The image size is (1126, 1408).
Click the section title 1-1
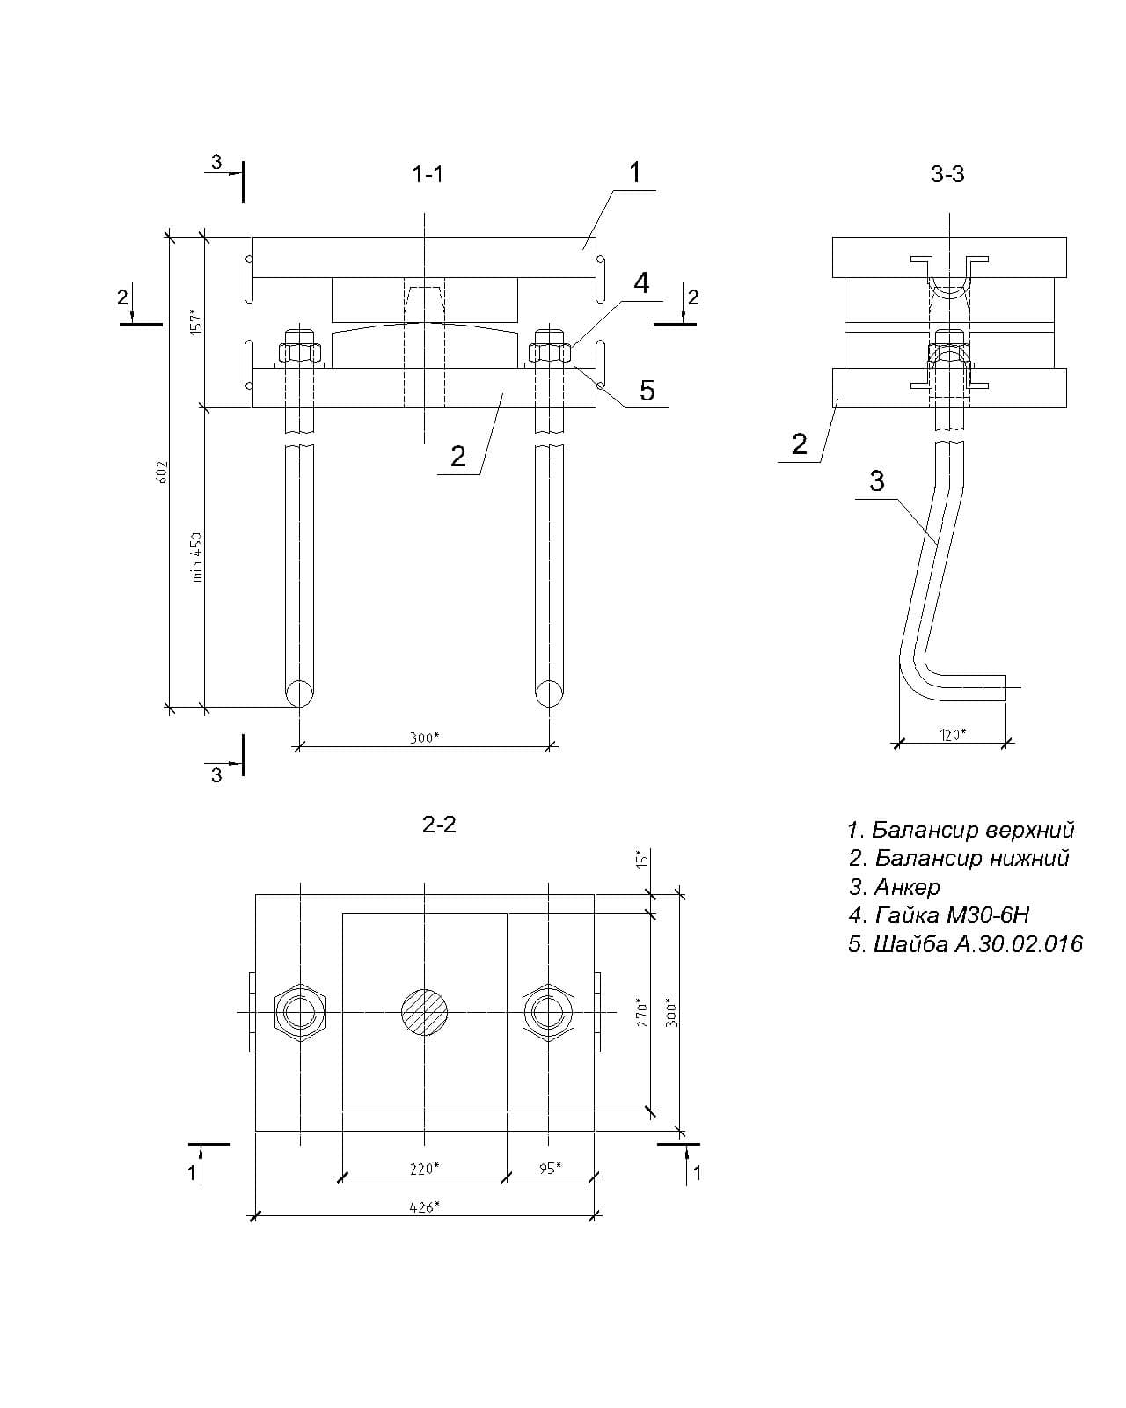pos(428,175)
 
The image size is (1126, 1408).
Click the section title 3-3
pos(947,175)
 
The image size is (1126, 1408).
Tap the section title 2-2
pos(439,825)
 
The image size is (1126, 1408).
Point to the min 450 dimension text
pos(197,556)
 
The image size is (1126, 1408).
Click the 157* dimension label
pos(197,321)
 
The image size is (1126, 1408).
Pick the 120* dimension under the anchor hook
pos(953,734)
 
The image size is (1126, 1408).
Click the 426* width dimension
pos(424,1206)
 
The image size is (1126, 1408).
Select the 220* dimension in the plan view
pos(424,1169)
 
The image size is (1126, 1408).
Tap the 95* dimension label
pos(550,1169)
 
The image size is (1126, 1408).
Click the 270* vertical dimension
pos(642,1012)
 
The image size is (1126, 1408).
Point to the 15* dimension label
pos(642,859)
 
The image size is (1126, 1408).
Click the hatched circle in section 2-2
pos(425,1012)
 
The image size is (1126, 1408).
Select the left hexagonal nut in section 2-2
pos(301,1012)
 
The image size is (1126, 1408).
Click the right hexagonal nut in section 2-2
pos(549,1012)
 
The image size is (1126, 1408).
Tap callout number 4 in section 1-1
pos(641,283)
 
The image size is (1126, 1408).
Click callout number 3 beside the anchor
pos(876,480)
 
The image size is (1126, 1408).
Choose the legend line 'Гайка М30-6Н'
pos(939,915)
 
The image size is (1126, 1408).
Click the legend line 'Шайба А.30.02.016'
pos(965,944)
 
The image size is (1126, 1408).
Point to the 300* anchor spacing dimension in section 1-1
pos(424,737)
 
